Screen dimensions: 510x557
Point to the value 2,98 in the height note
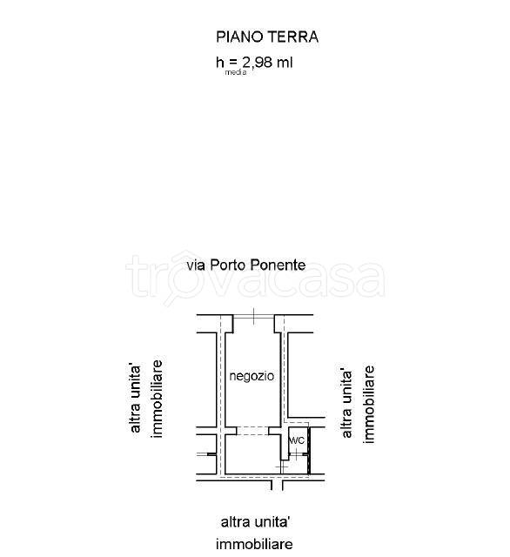(x=257, y=63)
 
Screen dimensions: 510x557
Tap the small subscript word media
(x=236, y=72)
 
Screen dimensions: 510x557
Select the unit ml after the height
(x=285, y=63)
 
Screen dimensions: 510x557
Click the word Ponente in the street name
(x=278, y=265)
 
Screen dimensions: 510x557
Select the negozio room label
(x=252, y=376)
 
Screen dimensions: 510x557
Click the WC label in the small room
(x=296, y=440)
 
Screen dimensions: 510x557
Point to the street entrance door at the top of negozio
(x=253, y=316)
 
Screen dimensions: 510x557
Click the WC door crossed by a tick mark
(x=296, y=453)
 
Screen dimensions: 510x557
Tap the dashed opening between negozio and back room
(x=252, y=431)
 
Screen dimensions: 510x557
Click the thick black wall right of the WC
(x=309, y=451)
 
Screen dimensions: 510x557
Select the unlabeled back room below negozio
(x=252, y=454)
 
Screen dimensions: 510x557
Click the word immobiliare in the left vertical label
(x=157, y=399)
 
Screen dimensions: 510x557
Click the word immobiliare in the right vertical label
(x=369, y=405)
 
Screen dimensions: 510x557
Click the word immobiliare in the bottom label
(x=255, y=544)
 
